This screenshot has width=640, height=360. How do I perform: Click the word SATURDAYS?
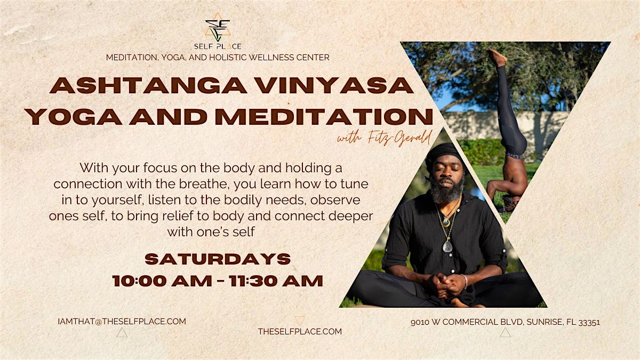click(218, 259)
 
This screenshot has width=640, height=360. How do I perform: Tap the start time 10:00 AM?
click(162, 281)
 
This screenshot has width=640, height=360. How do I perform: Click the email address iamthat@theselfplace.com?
click(122, 321)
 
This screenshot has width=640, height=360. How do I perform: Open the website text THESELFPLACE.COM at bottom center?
click(300, 331)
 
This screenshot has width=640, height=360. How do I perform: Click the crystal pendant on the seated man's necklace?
click(447, 246)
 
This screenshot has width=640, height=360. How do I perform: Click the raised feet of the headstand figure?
click(497, 56)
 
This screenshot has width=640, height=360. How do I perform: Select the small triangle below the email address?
click(122, 333)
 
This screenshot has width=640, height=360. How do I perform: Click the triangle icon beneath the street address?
click(505, 333)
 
